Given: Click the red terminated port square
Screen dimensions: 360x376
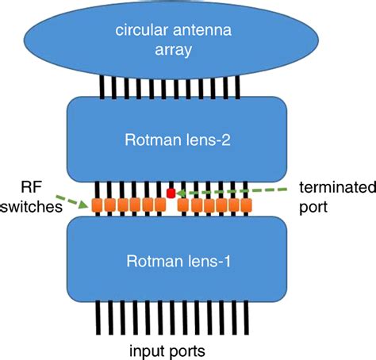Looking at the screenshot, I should (170, 193).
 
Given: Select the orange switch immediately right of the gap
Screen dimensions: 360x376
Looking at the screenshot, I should (185, 206).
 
